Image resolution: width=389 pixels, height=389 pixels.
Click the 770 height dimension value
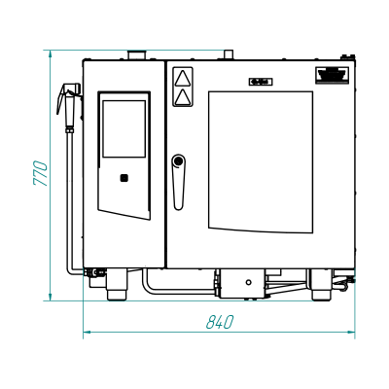[x=41, y=173]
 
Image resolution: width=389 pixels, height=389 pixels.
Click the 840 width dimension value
[x=220, y=322]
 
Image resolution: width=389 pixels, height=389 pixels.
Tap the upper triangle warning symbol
[x=182, y=78]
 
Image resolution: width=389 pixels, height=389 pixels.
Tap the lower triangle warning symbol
[x=182, y=97]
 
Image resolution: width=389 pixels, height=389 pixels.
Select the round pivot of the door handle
[x=178, y=160]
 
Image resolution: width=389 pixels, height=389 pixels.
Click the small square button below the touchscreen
[x=124, y=178]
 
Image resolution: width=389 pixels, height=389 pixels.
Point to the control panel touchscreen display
[x=124, y=128]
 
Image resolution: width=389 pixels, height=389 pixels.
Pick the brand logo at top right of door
[x=332, y=75]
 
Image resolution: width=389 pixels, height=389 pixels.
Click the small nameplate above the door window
[x=261, y=82]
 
